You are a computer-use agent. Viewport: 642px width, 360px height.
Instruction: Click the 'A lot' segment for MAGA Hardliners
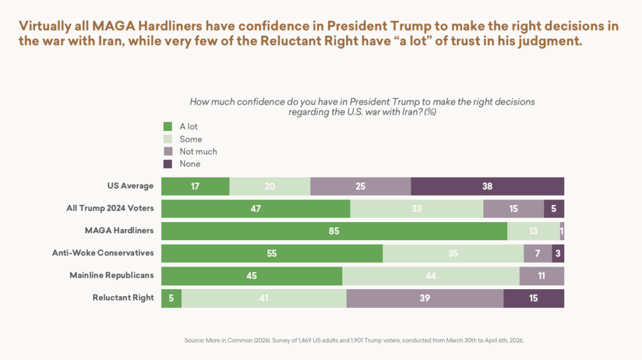334,231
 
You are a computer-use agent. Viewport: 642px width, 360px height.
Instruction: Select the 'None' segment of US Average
487,186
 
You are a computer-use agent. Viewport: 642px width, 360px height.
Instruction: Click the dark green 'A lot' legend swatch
167,127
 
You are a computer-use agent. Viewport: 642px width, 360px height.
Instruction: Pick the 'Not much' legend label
198,151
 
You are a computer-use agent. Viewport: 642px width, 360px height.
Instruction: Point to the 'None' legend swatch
167,164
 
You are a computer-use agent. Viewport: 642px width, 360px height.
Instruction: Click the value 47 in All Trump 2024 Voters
255,209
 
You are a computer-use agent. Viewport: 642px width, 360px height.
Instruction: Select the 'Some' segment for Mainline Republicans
431,276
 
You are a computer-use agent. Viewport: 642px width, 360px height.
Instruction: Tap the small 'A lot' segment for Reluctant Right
171,298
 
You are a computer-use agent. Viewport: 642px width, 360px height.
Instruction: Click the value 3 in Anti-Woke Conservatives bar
558,253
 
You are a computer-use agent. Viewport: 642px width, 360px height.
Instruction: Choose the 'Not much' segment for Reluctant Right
424,298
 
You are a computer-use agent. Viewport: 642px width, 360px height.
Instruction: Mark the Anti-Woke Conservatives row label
103,253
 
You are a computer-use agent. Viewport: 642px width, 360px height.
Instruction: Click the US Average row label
130,186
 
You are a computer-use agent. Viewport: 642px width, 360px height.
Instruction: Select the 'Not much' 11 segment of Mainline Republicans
542,276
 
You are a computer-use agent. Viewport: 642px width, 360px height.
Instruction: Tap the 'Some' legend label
191,139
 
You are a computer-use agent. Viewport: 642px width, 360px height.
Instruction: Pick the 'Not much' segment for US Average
360,186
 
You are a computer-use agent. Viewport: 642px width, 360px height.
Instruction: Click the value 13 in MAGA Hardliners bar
533,231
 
